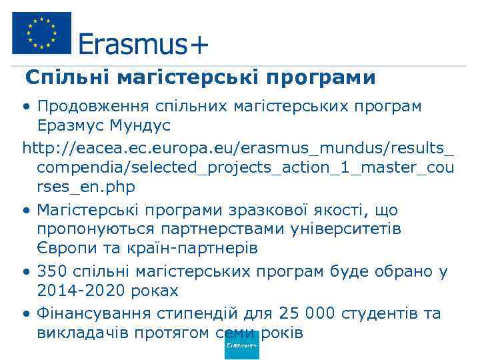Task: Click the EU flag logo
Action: pyautogui.click(x=41, y=33)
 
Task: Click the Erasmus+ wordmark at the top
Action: pyautogui.click(x=143, y=45)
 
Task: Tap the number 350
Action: pyautogui.click(x=51, y=272)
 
